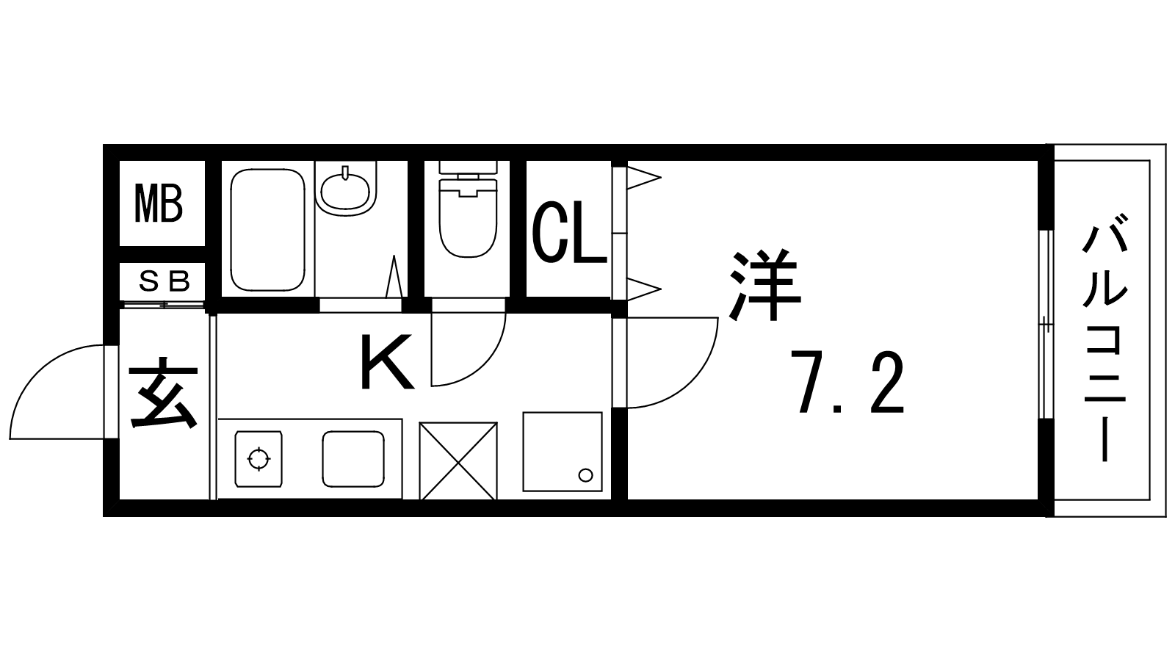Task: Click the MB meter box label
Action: pos(159,203)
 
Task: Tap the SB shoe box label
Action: pos(164,282)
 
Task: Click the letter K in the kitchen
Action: pos(387,362)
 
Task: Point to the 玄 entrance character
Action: pos(163,392)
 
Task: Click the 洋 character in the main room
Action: pos(765,285)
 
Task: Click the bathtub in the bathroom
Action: pos(267,230)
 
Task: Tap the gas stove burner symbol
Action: pos(258,459)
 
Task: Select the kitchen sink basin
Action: pos(353,459)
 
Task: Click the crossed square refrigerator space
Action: pos(458,461)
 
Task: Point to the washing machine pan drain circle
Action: pos(585,475)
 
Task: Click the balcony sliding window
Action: pos(1046,324)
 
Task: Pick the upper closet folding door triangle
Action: pos(644,177)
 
